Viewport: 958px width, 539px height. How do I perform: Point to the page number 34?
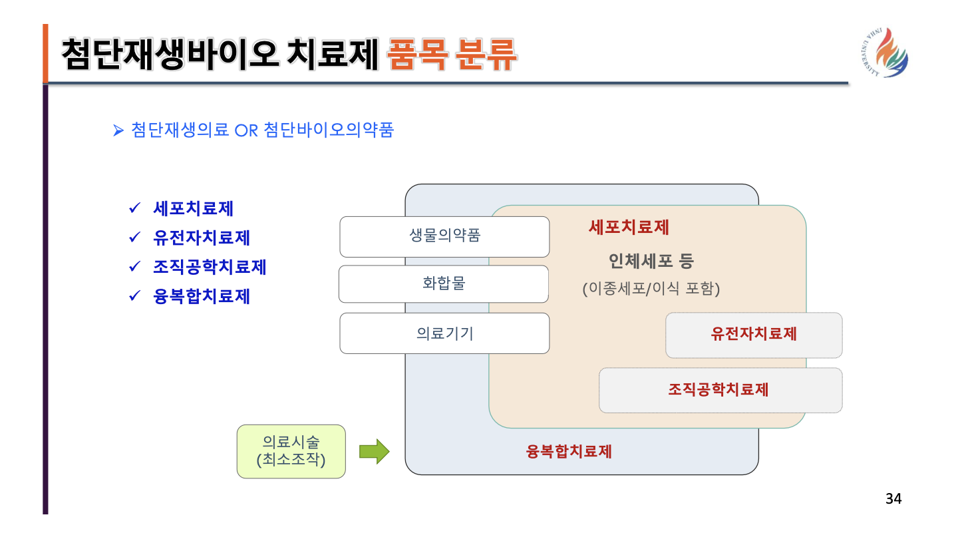coord(893,498)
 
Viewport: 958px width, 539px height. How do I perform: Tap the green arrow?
coord(374,451)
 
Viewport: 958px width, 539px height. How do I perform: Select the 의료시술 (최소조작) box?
coord(291,451)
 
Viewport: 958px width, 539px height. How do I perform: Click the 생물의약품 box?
coord(444,236)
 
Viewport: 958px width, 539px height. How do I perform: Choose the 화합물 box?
coord(444,284)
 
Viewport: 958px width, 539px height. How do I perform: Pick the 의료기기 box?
coord(444,333)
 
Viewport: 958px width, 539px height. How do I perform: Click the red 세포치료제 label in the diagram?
coord(629,228)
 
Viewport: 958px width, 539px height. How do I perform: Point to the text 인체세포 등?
coord(651,262)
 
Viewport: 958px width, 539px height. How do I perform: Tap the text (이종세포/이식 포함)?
coord(651,289)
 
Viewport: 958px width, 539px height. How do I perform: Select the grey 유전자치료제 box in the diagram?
coord(754,335)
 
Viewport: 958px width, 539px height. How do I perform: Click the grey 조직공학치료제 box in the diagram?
coord(720,390)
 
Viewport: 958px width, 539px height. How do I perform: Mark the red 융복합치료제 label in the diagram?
coord(569,452)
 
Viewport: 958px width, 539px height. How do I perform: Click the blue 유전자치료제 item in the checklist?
coord(202,238)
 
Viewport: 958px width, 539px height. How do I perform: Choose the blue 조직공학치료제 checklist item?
coord(210,267)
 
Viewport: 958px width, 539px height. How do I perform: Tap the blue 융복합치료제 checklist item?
coord(202,296)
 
